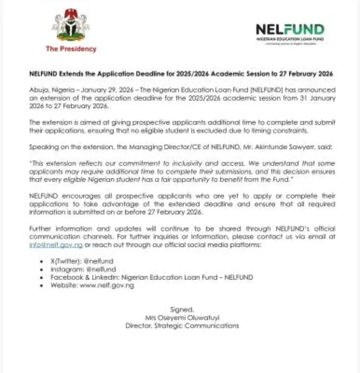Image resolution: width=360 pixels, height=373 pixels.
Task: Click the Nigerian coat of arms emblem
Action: (x=71, y=26)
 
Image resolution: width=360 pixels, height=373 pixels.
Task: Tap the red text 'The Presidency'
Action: (x=71, y=49)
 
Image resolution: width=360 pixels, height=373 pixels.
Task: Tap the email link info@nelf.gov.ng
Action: (x=56, y=245)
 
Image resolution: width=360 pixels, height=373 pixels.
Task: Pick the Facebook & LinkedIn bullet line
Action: (x=152, y=277)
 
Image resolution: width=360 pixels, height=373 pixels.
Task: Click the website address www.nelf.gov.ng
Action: (x=107, y=285)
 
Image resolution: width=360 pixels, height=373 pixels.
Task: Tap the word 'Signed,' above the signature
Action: (x=182, y=309)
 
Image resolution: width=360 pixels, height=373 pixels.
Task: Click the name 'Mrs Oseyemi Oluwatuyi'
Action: (x=182, y=317)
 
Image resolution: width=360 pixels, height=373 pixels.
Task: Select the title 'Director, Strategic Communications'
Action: (x=182, y=325)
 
